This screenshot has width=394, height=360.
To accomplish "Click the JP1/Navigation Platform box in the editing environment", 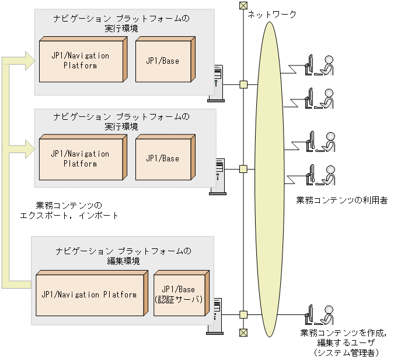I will (89, 294).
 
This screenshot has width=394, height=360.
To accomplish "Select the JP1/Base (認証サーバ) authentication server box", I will (179, 294).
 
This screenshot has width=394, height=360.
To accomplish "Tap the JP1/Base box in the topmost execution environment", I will (162, 60).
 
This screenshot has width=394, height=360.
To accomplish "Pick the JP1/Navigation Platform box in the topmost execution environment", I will (80, 60).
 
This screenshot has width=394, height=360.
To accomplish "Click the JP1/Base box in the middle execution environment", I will (162, 158).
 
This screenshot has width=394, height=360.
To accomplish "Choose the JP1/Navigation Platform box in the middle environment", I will (80, 158).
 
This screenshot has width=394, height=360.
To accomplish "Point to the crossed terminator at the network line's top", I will (243, 6).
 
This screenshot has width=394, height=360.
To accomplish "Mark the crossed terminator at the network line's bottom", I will (243, 333).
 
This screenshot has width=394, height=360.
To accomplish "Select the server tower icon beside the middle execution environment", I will (217, 175).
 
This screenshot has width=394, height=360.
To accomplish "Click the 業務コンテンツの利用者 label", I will (341, 200).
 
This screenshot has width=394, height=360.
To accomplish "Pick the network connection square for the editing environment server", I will (243, 314).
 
